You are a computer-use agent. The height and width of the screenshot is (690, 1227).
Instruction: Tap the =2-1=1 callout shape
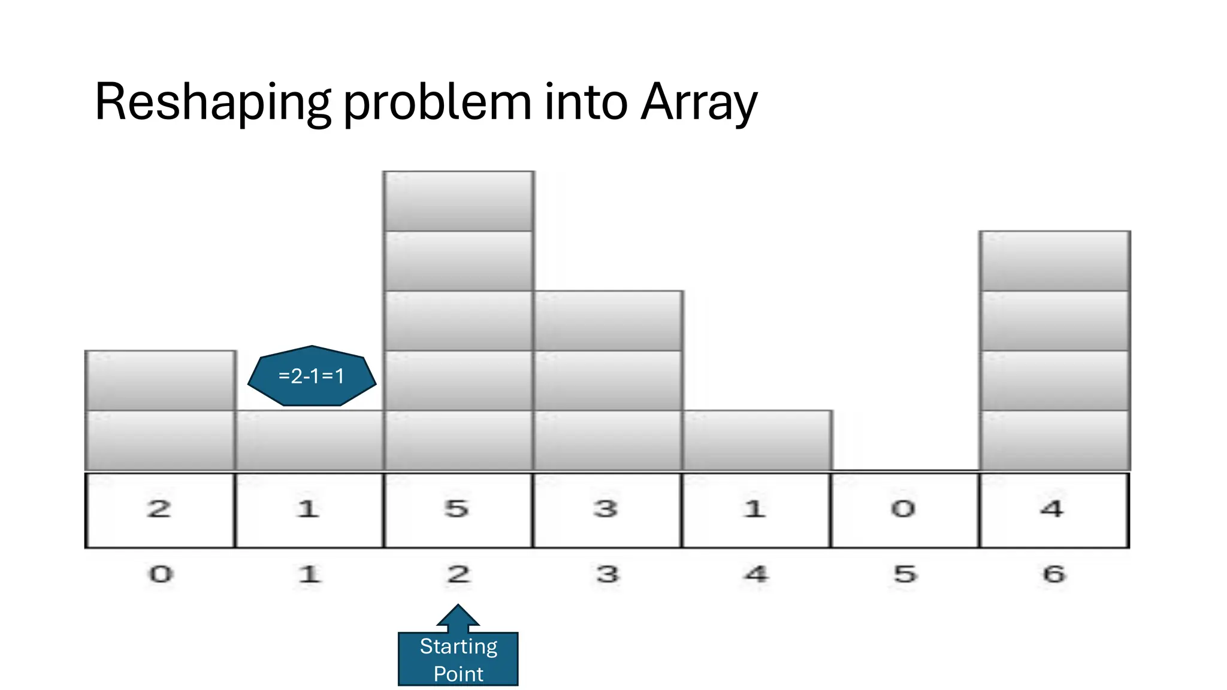pos(312,376)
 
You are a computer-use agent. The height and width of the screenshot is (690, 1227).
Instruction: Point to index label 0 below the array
pos(161,574)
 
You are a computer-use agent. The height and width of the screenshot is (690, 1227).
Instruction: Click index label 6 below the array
pos(1054,574)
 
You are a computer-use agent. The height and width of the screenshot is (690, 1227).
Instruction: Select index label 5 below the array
pos(905,574)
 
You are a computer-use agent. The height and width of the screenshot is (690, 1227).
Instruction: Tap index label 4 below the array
pos(756,574)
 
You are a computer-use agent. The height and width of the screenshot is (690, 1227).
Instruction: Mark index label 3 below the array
pos(608,574)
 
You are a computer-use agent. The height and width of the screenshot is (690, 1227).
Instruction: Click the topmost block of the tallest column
pos(458,201)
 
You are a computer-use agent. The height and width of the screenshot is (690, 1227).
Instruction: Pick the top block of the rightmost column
pos(1054,261)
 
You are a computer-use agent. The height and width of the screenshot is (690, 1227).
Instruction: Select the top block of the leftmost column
pos(160,381)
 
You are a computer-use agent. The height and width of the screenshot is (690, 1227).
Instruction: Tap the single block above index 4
pos(757,441)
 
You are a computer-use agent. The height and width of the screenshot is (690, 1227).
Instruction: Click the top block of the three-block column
pos(608,321)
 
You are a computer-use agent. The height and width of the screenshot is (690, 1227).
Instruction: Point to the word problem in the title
pos(437,103)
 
